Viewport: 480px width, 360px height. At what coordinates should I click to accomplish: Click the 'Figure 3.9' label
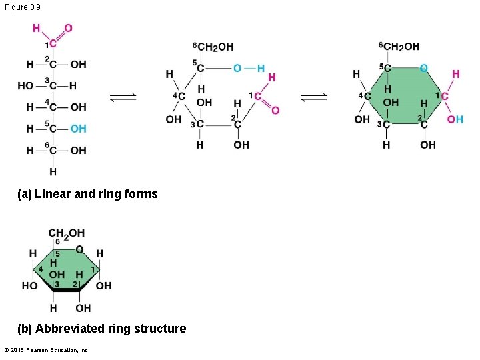[x=21, y=7]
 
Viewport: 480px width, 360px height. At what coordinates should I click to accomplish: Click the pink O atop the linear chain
[x=68, y=28]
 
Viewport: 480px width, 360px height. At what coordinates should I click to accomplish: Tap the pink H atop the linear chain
[x=36, y=28]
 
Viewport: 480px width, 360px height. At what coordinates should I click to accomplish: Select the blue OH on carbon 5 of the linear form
[x=78, y=129]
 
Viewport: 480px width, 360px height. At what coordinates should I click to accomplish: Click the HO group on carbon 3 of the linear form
[x=26, y=86]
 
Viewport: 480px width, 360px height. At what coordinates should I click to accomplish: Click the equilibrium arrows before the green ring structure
[x=313, y=97]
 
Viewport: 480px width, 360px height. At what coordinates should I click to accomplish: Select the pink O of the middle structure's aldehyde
[x=275, y=110]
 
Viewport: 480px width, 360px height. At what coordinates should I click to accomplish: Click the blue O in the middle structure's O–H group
[x=237, y=68]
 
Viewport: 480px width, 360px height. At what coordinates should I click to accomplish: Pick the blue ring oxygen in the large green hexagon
[x=423, y=68]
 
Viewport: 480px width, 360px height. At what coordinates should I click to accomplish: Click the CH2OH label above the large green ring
[x=399, y=46]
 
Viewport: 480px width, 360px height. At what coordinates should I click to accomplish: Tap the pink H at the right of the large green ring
[x=456, y=73]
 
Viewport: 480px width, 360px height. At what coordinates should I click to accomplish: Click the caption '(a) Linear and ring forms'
[x=88, y=194]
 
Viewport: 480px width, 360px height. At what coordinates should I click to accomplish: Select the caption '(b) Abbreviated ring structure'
[x=102, y=329]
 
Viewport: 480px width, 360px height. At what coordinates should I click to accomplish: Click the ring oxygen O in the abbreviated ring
[x=79, y=249]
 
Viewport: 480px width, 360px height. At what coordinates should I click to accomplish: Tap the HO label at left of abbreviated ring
[x=29, y=286]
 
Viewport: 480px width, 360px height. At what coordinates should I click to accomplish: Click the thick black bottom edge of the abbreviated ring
[x=66, y=290]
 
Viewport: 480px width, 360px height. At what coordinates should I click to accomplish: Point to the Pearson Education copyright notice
[x=47, y=350]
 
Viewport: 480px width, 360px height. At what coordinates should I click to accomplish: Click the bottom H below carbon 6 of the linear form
[x=53, y=171]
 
